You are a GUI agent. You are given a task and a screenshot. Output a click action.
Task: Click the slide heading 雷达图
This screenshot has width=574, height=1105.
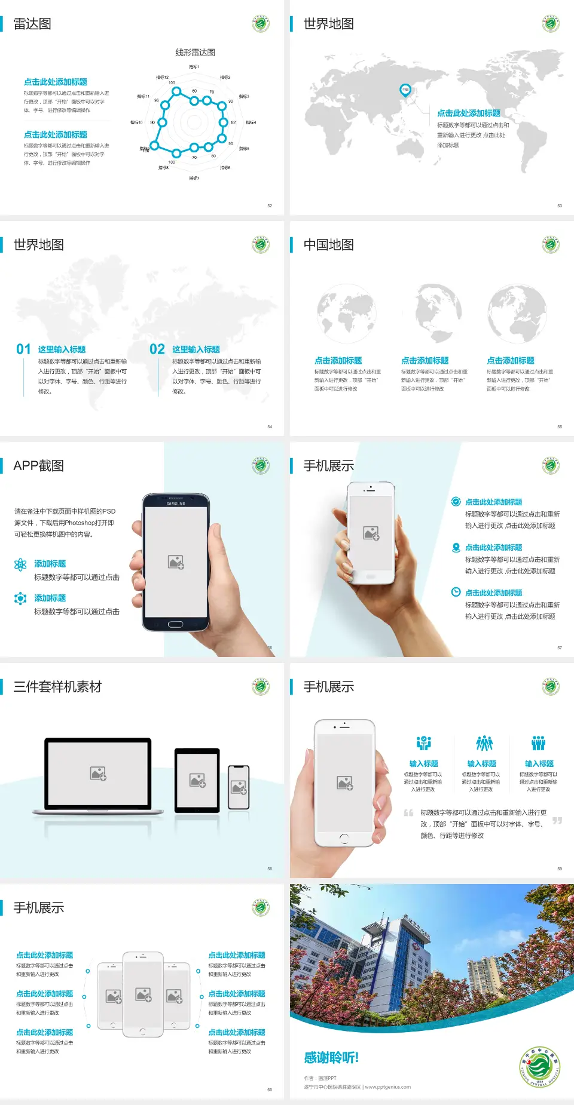(32, 24)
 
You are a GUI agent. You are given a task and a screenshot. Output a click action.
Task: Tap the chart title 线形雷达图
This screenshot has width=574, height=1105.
(195, 53)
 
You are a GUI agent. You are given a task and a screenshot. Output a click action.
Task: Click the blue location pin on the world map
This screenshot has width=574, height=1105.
(405, 90)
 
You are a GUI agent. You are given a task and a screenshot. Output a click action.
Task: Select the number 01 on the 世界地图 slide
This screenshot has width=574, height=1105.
(23, 349)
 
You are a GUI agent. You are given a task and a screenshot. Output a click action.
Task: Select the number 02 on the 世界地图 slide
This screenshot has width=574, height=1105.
(157, 349)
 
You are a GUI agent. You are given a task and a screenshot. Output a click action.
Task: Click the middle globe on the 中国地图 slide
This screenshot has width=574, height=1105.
(439, 313)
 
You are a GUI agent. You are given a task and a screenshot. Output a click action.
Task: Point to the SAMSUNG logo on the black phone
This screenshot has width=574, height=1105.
(176, 504)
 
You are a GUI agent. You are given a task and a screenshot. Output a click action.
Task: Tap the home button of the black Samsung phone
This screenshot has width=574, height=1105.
(175, 624)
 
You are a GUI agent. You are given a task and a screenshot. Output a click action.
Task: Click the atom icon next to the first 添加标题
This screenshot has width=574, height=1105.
(20, 564)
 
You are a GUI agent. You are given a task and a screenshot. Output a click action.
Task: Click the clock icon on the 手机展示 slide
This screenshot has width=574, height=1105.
(456, 592)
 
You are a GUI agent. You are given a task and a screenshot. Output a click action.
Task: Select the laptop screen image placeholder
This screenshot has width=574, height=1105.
(98, 773)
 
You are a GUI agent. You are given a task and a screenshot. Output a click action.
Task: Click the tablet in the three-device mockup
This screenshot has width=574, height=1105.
(197, 779)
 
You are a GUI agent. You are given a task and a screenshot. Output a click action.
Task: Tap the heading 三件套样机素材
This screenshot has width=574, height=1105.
(57, 687)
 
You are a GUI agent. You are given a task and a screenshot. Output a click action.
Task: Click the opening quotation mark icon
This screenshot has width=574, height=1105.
(408, 813)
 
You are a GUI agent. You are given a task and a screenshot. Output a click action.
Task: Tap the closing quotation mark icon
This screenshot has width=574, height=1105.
(557, 821)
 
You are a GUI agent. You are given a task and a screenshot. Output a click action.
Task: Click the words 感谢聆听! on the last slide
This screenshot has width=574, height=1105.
(331, 1058)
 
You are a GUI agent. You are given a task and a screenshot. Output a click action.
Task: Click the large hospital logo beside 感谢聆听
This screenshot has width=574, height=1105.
(539, 1066)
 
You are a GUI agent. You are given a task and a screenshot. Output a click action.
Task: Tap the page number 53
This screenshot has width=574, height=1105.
(560, 205)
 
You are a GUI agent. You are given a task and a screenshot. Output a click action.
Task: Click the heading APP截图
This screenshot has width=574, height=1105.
(39, 466)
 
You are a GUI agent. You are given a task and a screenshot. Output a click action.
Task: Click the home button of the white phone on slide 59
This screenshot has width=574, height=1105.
(344, 839)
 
